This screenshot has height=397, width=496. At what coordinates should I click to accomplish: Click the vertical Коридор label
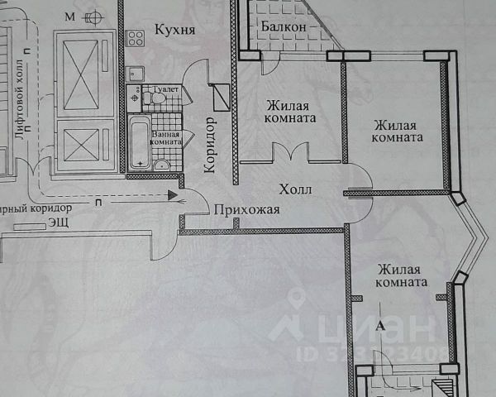[x=210, y=145]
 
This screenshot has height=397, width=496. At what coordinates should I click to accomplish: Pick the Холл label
[x=295, y=189]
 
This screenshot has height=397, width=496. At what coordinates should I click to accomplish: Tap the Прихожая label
[x=246, y=210]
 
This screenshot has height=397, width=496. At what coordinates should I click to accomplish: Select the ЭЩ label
[x=58, y=222]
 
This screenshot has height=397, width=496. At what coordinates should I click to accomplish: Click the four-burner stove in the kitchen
[x=136, y=37]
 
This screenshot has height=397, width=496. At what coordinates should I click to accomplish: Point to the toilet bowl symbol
[x=147, y=98]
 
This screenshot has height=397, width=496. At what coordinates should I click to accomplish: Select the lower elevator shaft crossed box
[x=83, y=146]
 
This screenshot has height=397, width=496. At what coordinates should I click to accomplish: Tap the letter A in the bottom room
[x=380, y=326]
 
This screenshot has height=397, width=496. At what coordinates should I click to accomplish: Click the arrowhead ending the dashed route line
[x=172, y=196]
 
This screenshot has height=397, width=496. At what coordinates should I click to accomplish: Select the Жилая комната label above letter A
[x=398, y=276]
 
